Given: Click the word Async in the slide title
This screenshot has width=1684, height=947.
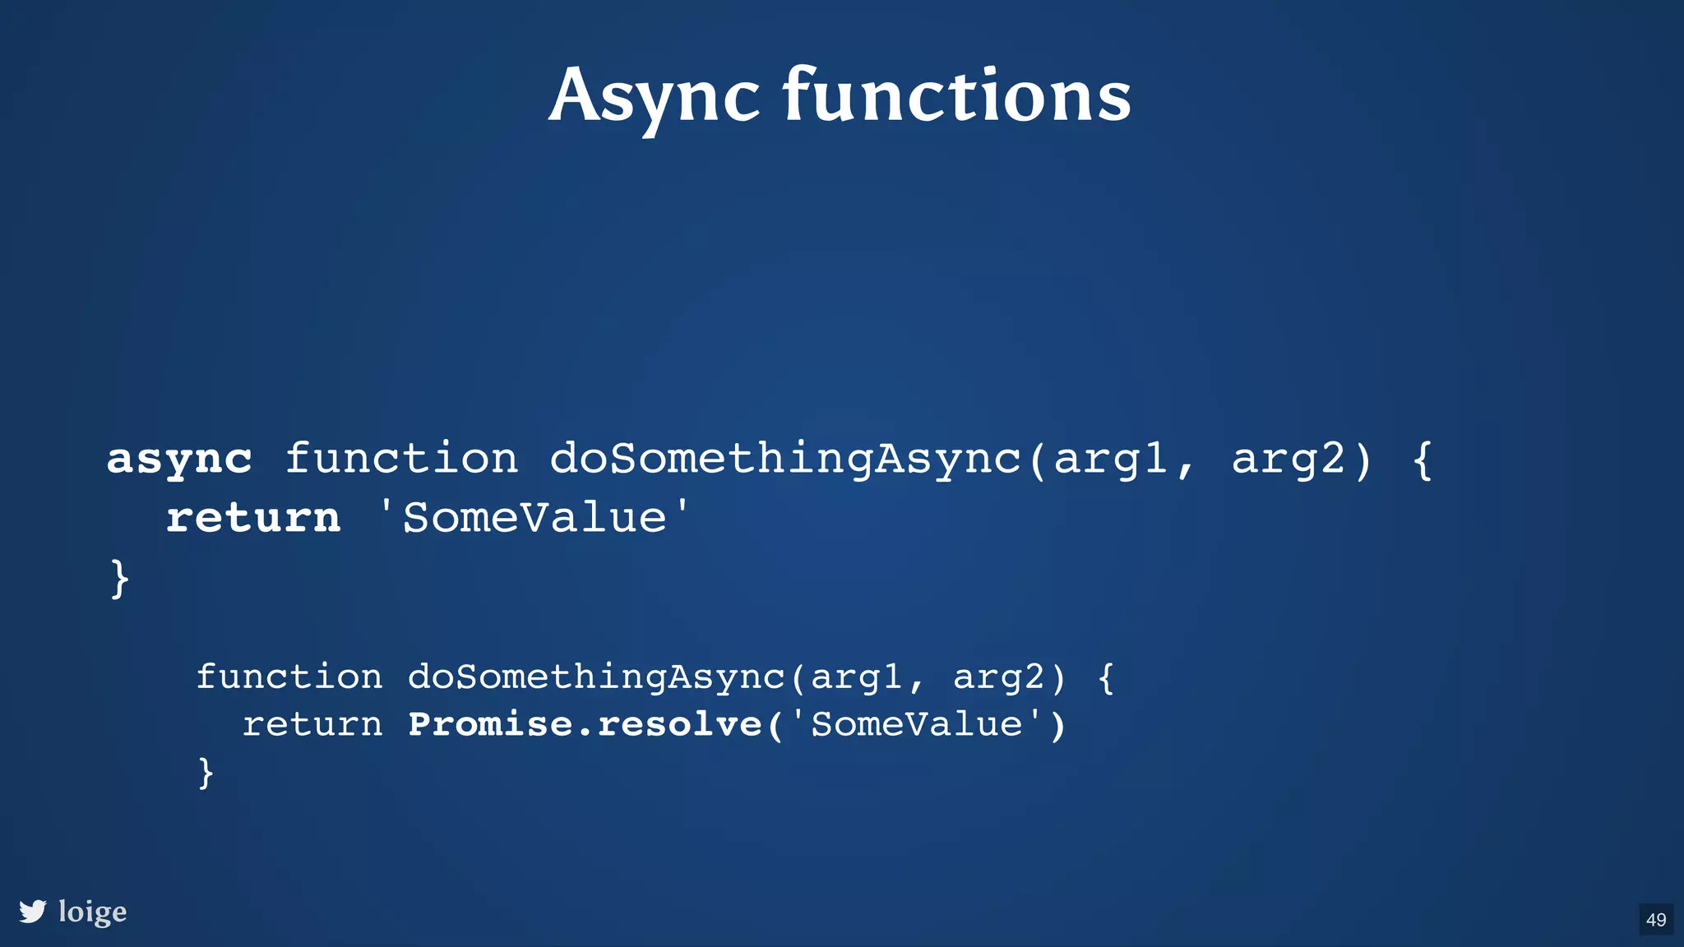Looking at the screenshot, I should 654,97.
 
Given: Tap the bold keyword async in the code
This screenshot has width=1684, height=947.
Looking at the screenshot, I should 179,459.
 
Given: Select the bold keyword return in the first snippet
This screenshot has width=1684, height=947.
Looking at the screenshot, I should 253,518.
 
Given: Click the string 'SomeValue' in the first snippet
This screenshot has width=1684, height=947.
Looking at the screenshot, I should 534,518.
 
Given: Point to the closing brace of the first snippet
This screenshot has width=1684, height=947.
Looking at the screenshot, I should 120,578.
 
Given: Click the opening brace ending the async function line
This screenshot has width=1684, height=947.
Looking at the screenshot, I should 1423,459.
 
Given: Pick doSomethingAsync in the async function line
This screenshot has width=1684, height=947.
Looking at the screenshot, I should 785,459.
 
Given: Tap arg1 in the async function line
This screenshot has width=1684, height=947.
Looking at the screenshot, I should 1110,459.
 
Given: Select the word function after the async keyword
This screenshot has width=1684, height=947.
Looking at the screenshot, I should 401,459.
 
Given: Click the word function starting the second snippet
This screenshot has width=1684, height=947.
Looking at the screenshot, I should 289,677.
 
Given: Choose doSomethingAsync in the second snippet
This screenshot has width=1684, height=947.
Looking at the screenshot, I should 596,677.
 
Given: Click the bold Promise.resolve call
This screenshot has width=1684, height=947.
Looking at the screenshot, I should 585,724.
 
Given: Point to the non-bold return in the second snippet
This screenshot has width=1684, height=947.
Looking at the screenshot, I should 312,724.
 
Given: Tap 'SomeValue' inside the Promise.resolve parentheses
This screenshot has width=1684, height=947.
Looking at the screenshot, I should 917,724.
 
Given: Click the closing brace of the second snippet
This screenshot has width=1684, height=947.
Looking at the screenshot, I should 206,772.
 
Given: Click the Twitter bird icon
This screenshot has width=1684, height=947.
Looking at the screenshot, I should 33,911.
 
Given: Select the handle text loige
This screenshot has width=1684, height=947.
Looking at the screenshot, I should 92,912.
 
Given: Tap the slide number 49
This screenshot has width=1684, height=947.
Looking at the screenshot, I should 1656,919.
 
